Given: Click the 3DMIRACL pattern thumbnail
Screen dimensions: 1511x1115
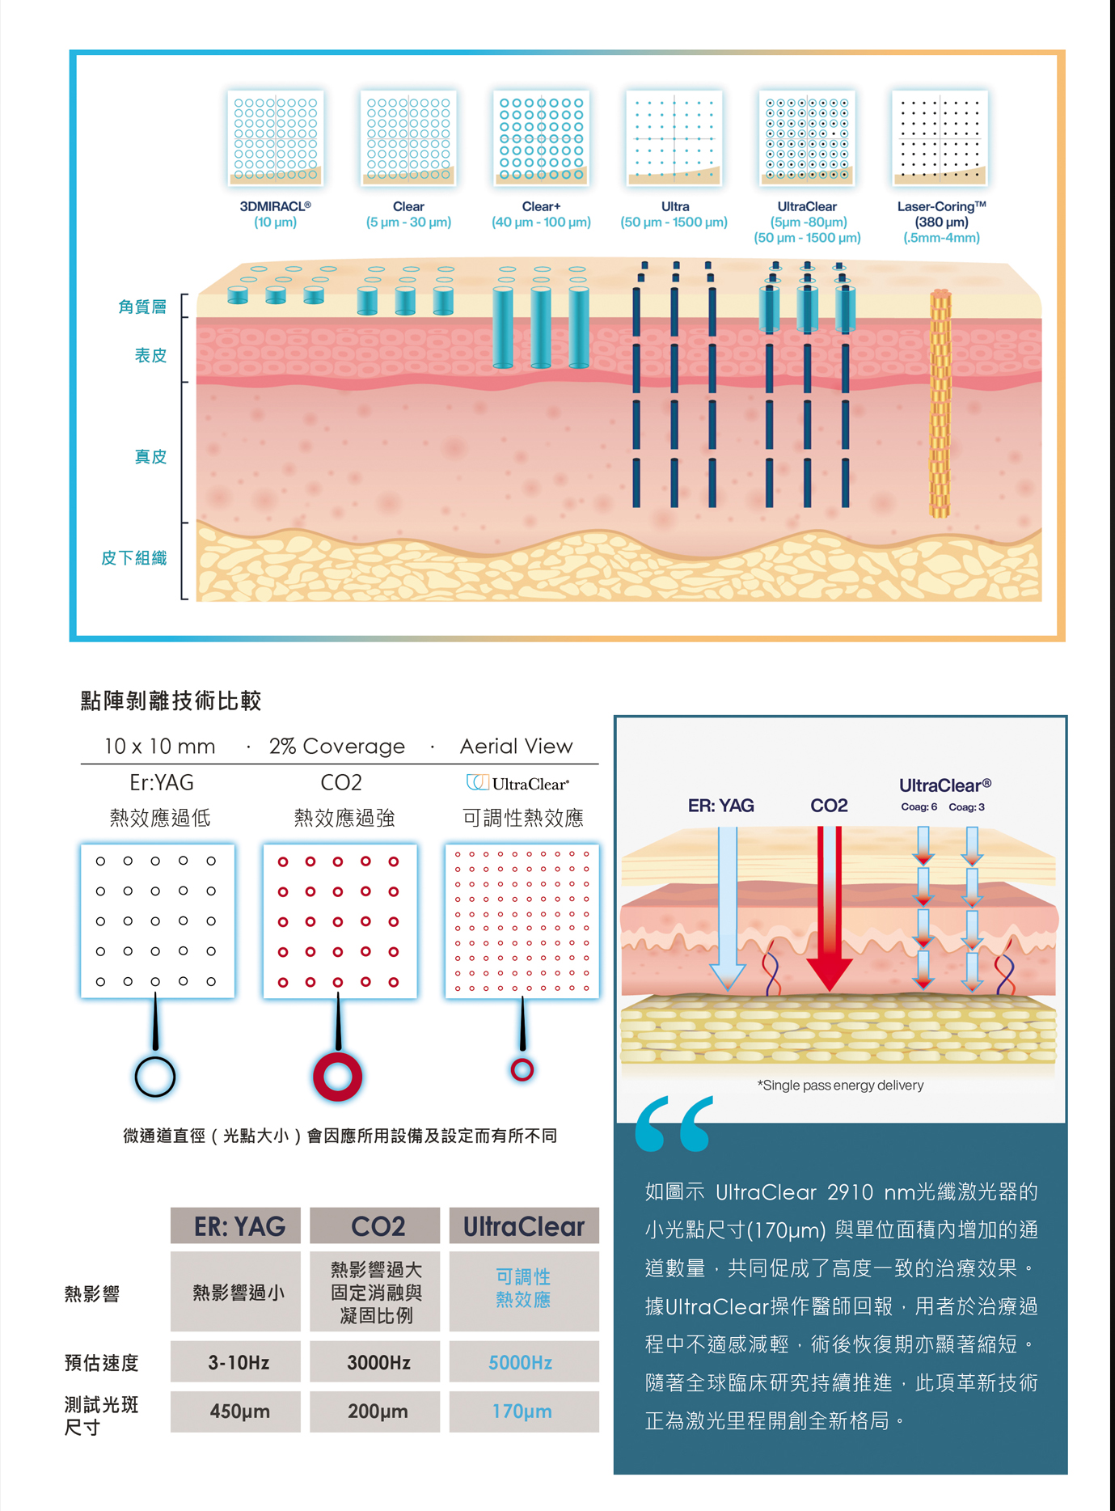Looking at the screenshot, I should click(x=276, y=138).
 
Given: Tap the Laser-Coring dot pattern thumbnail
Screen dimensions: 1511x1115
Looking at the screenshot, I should click(x=940, y=138).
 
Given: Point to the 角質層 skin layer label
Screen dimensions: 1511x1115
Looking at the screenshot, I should click(x=142, y=307).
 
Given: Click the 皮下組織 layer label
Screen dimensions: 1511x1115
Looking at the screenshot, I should click(x=134, y=558).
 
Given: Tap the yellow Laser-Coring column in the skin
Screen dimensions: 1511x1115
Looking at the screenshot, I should click(x=939, y=403).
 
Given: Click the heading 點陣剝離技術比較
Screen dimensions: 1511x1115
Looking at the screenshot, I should click(x=171, y=700).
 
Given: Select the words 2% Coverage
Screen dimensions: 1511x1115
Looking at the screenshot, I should click(x=337, y=746).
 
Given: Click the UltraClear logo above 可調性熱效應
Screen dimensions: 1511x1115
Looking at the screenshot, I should click(x=518, y=783).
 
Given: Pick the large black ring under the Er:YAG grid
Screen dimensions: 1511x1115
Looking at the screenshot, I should click(x=155, y=1077).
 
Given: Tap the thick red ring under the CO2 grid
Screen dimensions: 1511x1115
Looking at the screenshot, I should click(x=337, y=1077).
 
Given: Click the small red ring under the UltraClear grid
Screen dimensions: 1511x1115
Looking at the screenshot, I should click(x=522, y=1070).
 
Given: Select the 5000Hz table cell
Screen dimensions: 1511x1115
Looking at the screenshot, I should click(x=522, y=1363).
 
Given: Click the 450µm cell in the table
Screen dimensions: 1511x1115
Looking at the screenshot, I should click(x=239, y=1412).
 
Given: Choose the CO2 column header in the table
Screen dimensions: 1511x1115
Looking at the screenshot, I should click(x=377, y=1226).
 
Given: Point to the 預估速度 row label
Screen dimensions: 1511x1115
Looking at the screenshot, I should click(x=102, y=1363).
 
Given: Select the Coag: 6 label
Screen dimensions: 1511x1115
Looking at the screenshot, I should click(x=919, y=806).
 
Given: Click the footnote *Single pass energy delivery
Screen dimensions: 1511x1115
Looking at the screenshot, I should click(x=840, y=1085).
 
